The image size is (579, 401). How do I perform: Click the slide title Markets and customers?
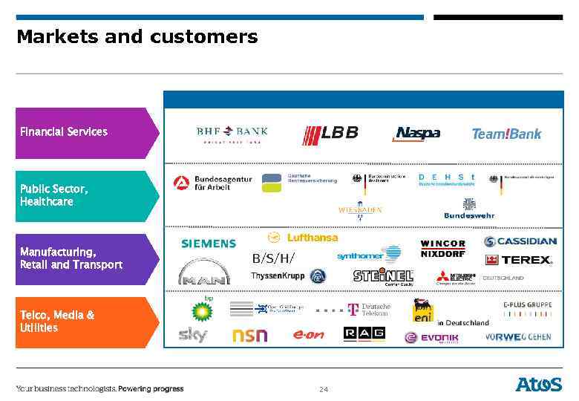tap(137, 36)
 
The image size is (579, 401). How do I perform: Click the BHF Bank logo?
tap(232, 134)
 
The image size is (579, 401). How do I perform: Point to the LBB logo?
tap(330, 134)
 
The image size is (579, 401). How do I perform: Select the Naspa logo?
tap(416, 134)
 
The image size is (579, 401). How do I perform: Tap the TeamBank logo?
tap(506, 134)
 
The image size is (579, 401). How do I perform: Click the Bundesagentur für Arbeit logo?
tap(213, 183)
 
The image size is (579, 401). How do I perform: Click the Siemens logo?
tap(209, 244)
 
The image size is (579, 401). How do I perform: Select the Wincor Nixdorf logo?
tap(442, 247)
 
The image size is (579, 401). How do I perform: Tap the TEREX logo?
tap(519, 260)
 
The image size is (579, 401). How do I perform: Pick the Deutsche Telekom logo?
tap(369, 309)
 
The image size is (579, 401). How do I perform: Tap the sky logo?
tap(193, 335)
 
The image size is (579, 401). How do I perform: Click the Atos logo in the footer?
tap(539, 384)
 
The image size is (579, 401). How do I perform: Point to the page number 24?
tap(323, 389)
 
